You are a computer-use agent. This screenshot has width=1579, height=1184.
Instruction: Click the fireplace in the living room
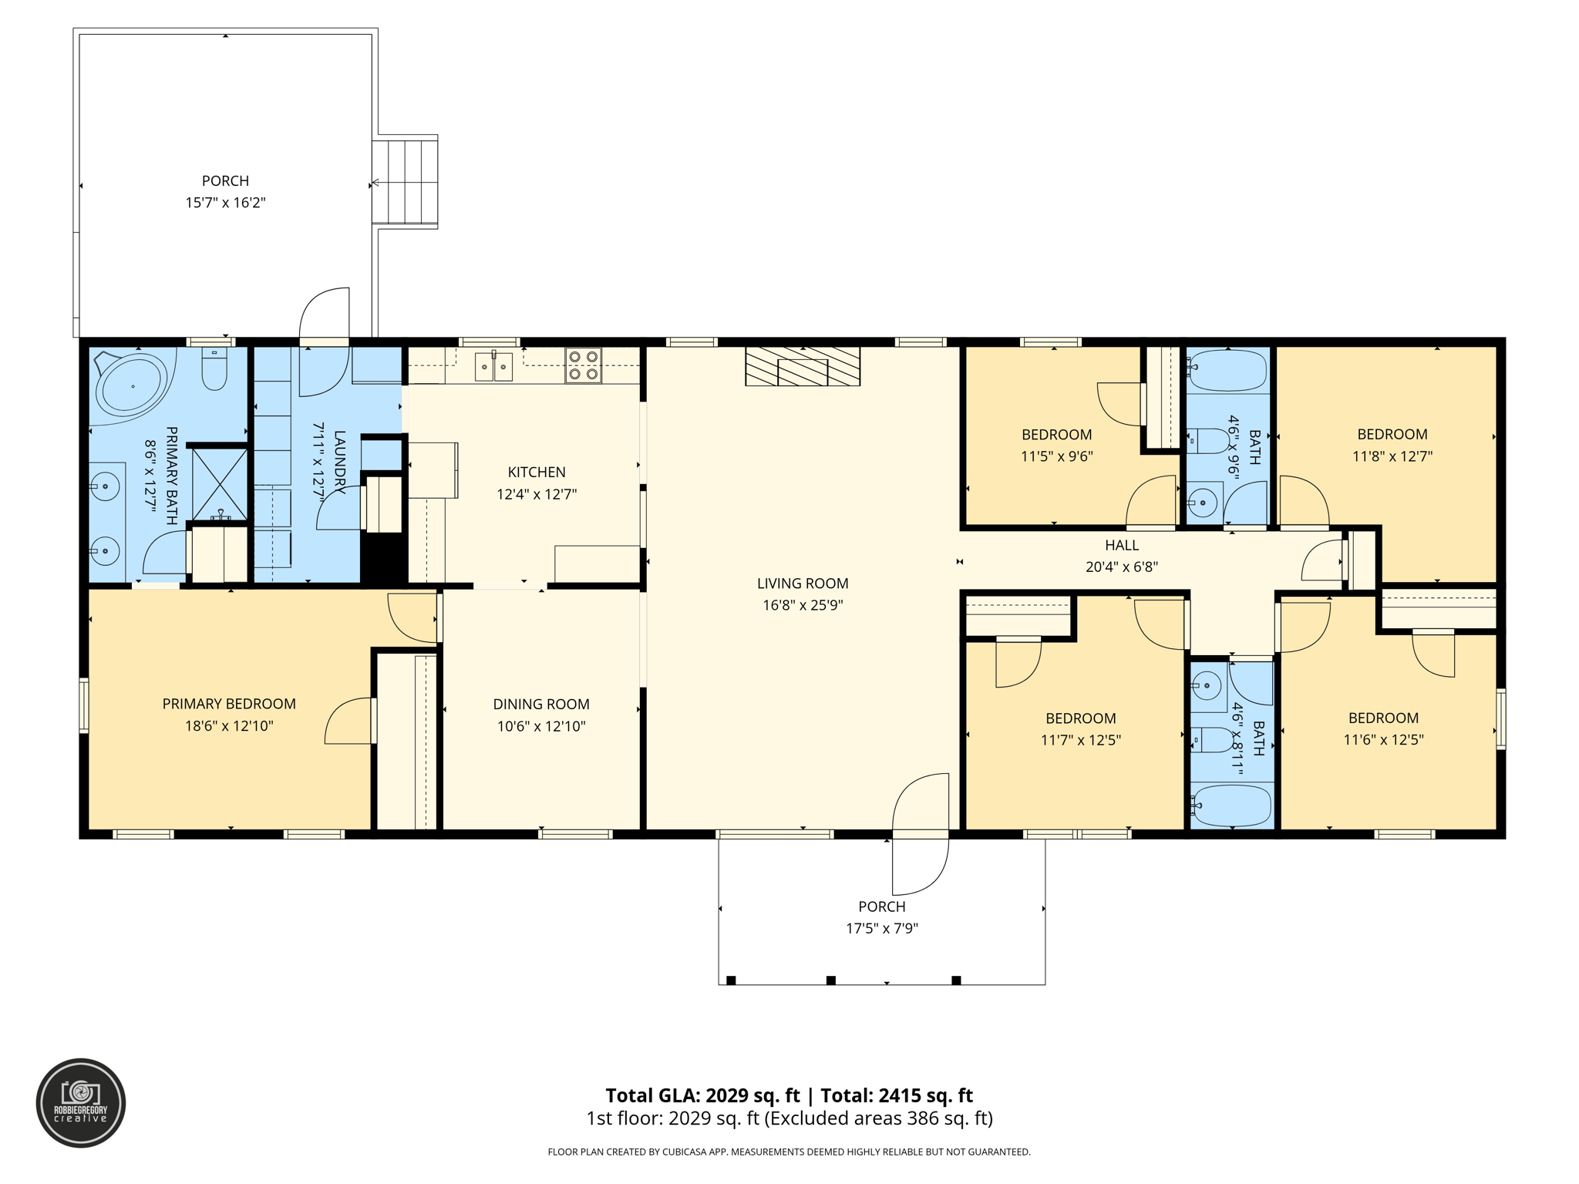tap(802, 366)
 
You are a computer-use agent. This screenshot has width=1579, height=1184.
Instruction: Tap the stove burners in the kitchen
tap(583, 366)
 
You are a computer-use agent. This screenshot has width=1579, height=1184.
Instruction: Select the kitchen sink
tap(493, 367)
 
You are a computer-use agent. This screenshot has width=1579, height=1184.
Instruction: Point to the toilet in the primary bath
tap(214, 371)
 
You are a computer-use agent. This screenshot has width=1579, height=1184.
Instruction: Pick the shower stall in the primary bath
tap(220, 483)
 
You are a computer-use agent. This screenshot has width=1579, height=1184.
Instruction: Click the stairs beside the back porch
tap(406, 182)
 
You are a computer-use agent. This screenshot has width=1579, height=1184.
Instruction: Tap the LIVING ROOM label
tap(803, 584)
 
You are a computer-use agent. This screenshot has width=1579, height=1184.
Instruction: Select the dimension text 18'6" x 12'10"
tap(229, 725)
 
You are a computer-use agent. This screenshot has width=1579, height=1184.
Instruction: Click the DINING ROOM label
tap(541, 704)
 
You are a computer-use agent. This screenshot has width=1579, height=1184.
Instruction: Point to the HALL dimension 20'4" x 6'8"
tap(1122, 567)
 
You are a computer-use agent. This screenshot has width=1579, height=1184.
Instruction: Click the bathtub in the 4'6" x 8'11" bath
tap(1231, 806)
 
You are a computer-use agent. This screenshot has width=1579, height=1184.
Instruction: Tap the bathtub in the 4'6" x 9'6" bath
tap(1229, 371)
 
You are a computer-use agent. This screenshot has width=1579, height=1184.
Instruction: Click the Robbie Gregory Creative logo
tap(81, 1103)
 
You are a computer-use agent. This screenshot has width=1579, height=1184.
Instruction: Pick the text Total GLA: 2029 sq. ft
tap(702, 1095)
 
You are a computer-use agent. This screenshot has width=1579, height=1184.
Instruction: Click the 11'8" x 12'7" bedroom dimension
tap(1392, 456)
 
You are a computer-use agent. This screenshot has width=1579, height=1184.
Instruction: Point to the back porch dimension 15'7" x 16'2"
tap(225, 203)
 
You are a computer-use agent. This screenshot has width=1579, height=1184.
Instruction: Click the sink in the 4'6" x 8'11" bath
tap(1207, 684)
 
